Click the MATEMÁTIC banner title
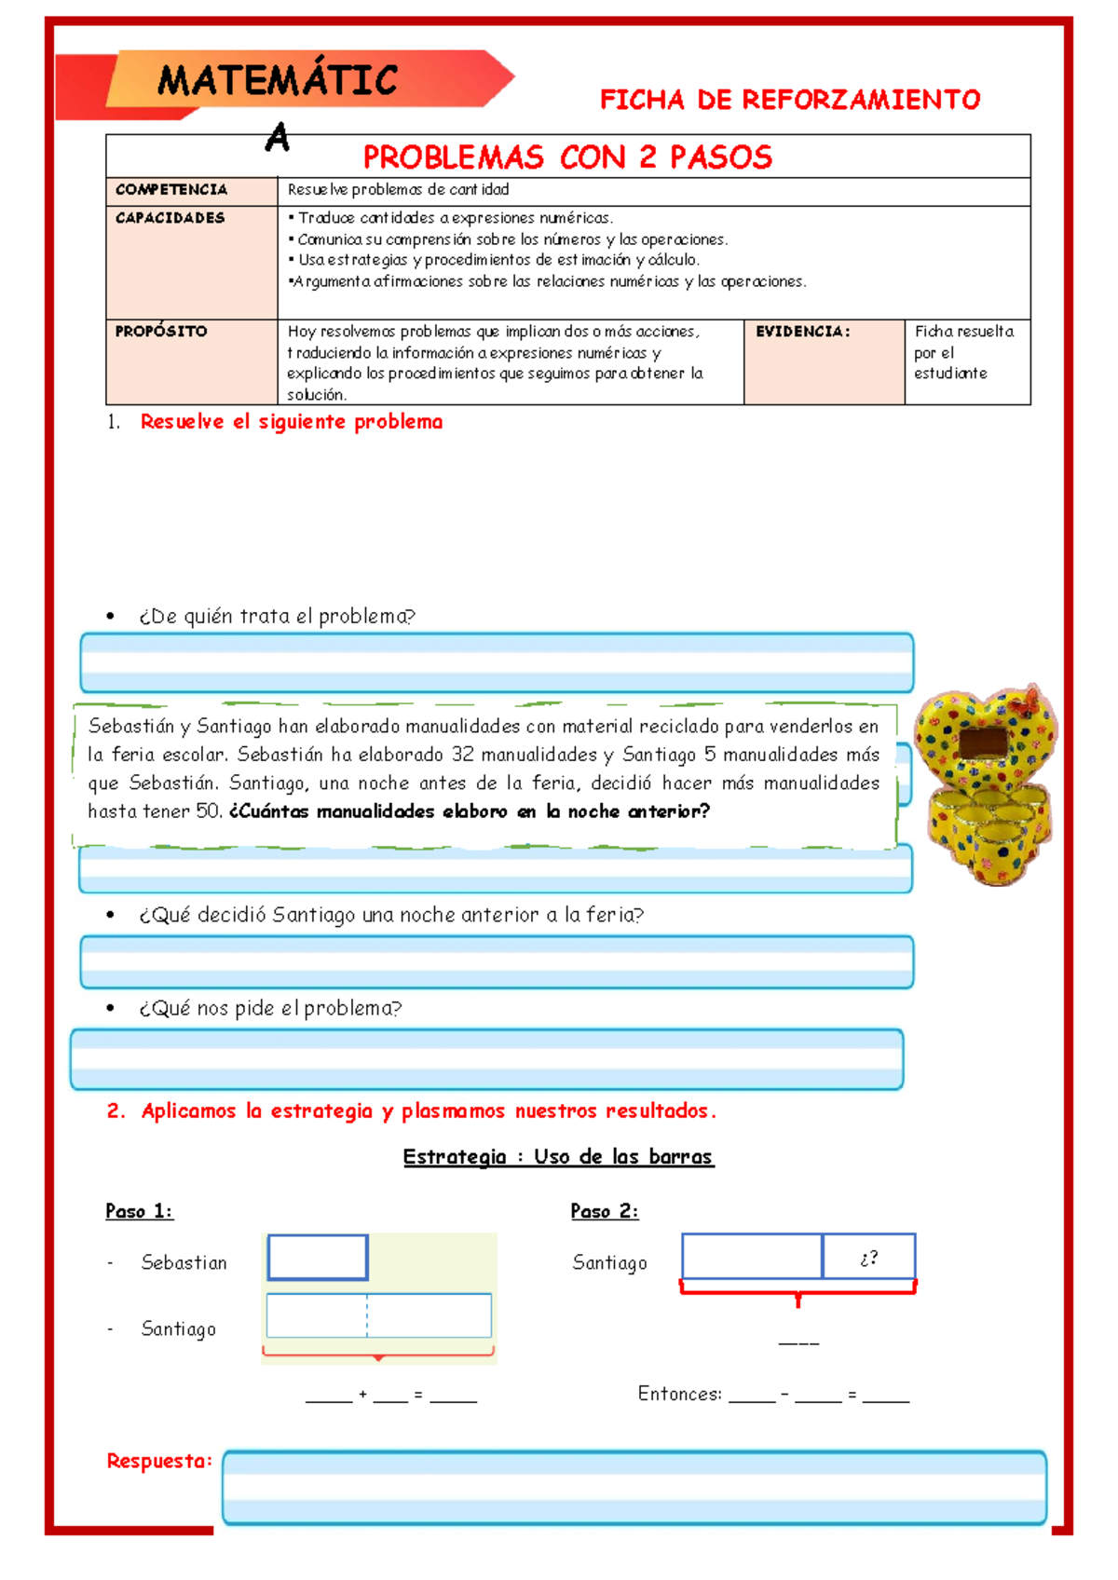coord(278,80)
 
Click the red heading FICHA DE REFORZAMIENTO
coord(789,100)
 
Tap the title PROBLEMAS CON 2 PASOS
coord(567,157)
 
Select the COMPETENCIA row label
coord(171,189)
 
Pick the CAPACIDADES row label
coord(170,218)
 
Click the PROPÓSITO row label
coord(161,331)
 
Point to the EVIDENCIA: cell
coord(803,332)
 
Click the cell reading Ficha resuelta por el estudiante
coord(963,352)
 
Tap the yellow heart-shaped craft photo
coord(986,783)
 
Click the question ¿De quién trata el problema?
coord(277,616)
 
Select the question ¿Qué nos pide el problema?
coord(270,1008)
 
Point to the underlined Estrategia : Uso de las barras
coord(558,1156)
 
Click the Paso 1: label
coord(139,1211)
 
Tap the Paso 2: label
coord(604,1211)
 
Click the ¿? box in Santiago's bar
coord(868,1258)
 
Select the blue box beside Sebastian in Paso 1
coord(318,1258)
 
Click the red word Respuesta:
coord(159,1461)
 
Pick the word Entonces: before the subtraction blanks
coord(679,1394)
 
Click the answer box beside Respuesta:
coord(634,1487)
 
